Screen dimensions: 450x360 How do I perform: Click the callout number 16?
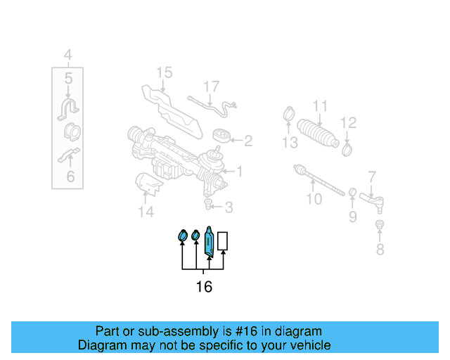pyautogui.click(x=203, y=287)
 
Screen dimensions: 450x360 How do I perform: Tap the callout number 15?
pyautogui.click(x=164, y=72)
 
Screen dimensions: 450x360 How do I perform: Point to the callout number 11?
pyautogui.click(x=321, y=107)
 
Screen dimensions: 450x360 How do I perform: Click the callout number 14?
pyautogui.click(x=146, y=212)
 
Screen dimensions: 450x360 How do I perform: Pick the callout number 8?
pyautogui.click(x=380, y=249)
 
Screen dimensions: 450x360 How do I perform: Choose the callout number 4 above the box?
pyautogui.click(x=67, y=54)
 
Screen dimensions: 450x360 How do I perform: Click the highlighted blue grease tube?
pyautogui.click(x=209, y=240)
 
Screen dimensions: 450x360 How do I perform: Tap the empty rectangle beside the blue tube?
pyautogui.click(x=223, y=241)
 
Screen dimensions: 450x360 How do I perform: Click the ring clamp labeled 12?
pyautogui.click(x=347, y=148)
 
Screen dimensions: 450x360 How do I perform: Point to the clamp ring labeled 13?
pyautogui.click(x=288, y=113)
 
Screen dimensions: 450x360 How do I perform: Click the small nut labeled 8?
pyautogui.click(x=380, y=225)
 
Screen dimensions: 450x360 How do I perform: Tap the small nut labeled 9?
pyautogui.click(x=352, y=192)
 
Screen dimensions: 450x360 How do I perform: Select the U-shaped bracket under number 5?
pyautogui.click(x=68, y=109)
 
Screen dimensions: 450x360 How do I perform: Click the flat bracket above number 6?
pyautogui.click(x=68, y=155)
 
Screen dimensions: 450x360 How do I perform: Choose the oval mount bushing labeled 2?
pyautogui.click(x=223, y=137)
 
